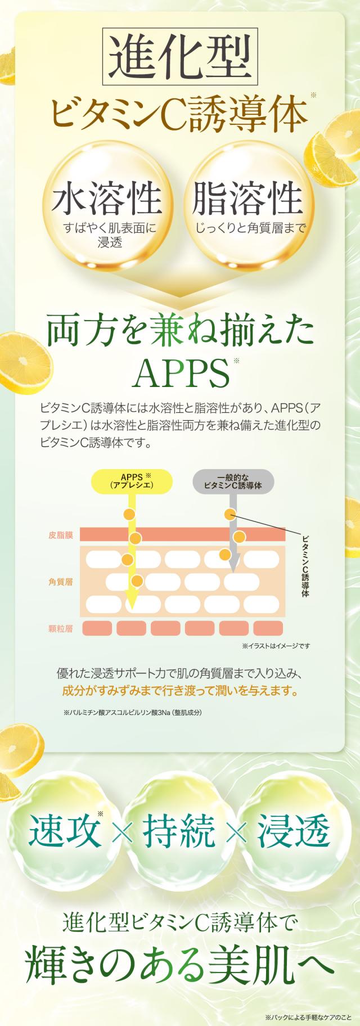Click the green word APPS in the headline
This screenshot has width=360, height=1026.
(x=179, y=373)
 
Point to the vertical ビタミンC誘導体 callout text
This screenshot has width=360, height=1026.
(x=306, y=566)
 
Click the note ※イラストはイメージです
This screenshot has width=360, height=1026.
(x=276, y=646)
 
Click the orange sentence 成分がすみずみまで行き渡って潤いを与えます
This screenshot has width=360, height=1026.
(x=179, y=690)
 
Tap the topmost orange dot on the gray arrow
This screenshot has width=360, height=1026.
(x=228, y=514)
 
